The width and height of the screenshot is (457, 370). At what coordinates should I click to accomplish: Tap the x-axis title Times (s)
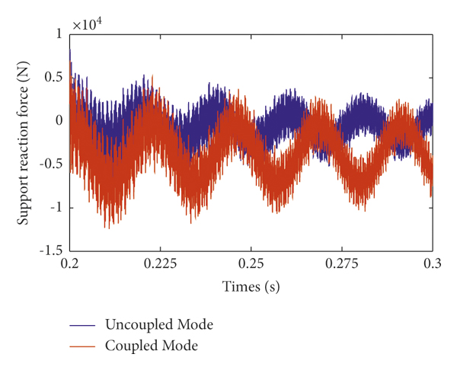click(x=251, y=287)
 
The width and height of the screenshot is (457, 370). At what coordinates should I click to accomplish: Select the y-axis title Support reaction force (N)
click(x=25, y=142)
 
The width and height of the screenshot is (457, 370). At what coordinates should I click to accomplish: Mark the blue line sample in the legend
click(x=85, y=325)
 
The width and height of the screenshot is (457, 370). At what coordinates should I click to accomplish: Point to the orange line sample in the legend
click(x=85, y=346)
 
